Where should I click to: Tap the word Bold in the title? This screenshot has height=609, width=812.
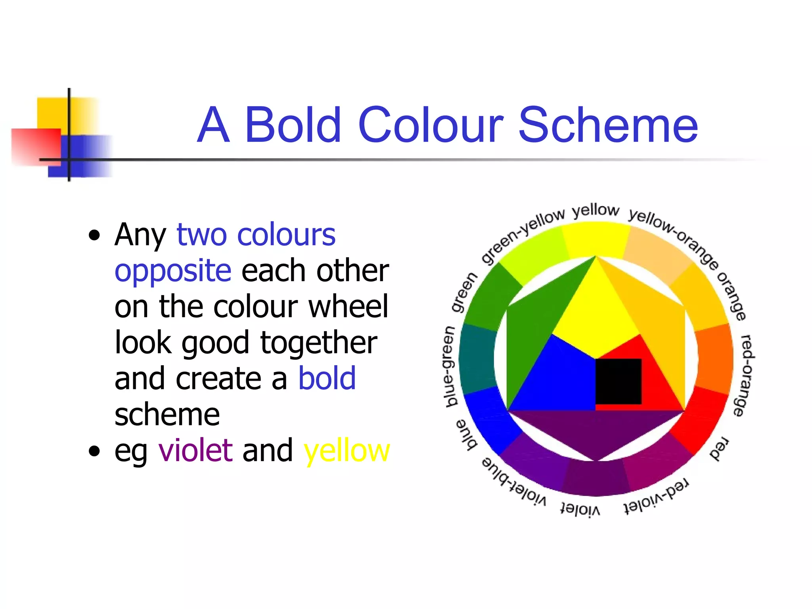293,125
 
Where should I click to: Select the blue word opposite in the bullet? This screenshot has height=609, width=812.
173,271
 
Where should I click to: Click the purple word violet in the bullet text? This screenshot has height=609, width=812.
195,451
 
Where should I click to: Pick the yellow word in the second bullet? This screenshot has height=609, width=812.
347,452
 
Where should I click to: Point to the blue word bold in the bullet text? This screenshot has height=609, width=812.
327,378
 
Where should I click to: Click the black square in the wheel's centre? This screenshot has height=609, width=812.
619,381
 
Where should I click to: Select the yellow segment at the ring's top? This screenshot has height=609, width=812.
596,240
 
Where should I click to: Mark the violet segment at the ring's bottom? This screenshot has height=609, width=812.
596,478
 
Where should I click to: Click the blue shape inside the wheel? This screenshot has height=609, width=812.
555,381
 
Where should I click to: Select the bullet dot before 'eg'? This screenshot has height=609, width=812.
94,451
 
